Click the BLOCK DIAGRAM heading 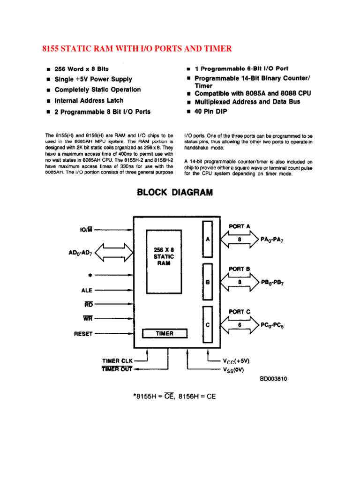175,192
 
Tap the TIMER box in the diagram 165,333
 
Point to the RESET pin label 83,334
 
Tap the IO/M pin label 86,229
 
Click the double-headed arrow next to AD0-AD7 115,254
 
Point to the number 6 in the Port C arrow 239,324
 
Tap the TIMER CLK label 118,361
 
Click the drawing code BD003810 273,379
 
